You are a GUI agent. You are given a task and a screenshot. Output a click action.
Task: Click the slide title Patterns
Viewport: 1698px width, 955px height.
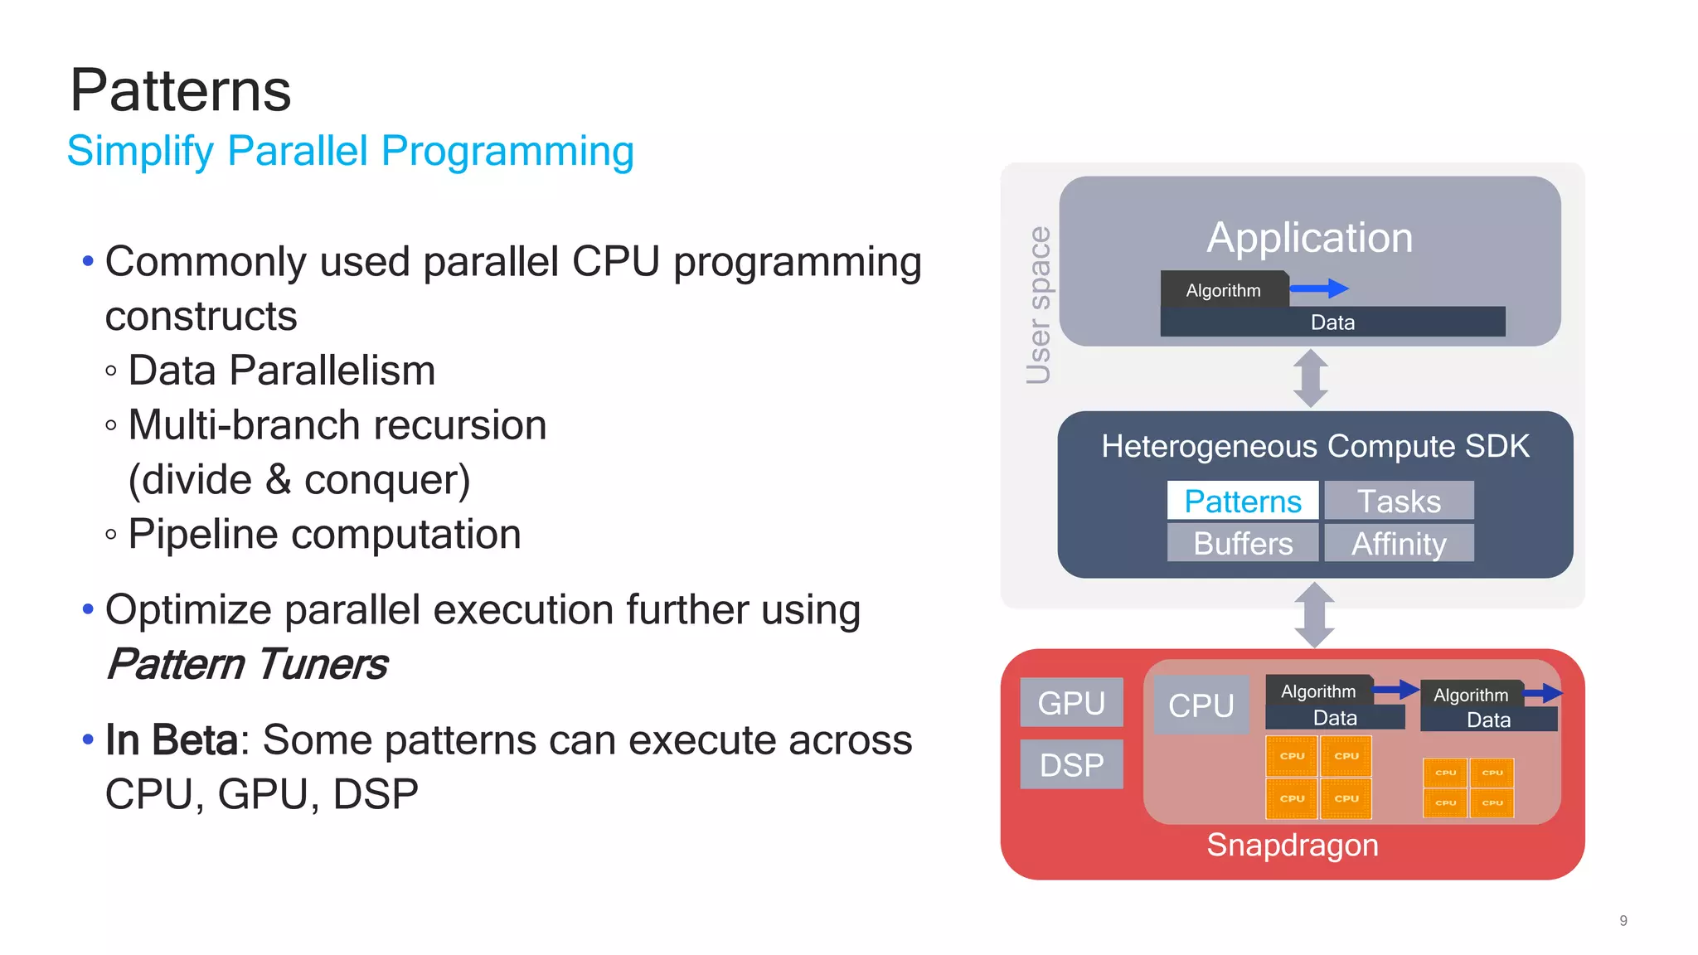[x=181, y=90]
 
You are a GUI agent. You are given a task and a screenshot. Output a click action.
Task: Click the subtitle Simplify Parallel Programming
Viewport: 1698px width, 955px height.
[x=350, y=152]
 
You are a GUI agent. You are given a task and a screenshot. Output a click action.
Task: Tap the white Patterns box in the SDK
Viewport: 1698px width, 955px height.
[x=1242, y=501]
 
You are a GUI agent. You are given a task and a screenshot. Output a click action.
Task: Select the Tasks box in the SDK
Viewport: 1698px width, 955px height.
[x=1399, y=501]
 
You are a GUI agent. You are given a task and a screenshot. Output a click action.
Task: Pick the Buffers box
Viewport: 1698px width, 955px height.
[x=1242, y=543]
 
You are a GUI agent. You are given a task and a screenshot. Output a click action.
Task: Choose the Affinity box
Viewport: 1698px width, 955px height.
[x=1399, y=543]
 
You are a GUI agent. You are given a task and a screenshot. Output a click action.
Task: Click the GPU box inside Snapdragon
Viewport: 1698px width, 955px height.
[x=1071, y=702]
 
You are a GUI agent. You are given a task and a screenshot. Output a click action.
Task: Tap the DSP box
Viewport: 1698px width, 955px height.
[x=1071, y=764]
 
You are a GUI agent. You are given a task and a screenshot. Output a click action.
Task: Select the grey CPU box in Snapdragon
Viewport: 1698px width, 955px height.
[x=1201, y=705]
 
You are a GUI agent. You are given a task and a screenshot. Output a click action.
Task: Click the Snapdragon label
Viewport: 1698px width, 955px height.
[x=1292, y=845]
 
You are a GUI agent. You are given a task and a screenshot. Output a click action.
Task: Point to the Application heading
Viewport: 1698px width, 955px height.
[x=1309, y=238]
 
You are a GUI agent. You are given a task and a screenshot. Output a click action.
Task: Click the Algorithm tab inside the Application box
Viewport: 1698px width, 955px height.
[x=1223, y=290]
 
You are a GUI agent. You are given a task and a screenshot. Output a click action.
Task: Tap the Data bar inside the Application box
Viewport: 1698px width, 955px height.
[x=1332, y=322]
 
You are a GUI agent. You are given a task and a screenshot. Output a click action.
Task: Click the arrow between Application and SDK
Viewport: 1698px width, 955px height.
[x=1311, y=378]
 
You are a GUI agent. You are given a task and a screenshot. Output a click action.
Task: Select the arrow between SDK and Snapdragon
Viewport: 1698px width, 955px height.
[x=1314, y=614]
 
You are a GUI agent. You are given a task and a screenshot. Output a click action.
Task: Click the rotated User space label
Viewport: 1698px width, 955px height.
[x=1038, y=305]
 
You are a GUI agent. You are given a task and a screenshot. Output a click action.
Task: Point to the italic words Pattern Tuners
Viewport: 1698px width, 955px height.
[x=247, y=664]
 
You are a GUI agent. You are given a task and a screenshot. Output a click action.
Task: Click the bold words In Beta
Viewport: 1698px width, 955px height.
[x=172, y=739]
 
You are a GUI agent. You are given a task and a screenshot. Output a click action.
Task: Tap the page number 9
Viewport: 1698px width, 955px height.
[x=1623, y=920]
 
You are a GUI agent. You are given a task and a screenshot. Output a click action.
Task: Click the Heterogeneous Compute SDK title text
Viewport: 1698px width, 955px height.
[x=1315, y=446]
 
